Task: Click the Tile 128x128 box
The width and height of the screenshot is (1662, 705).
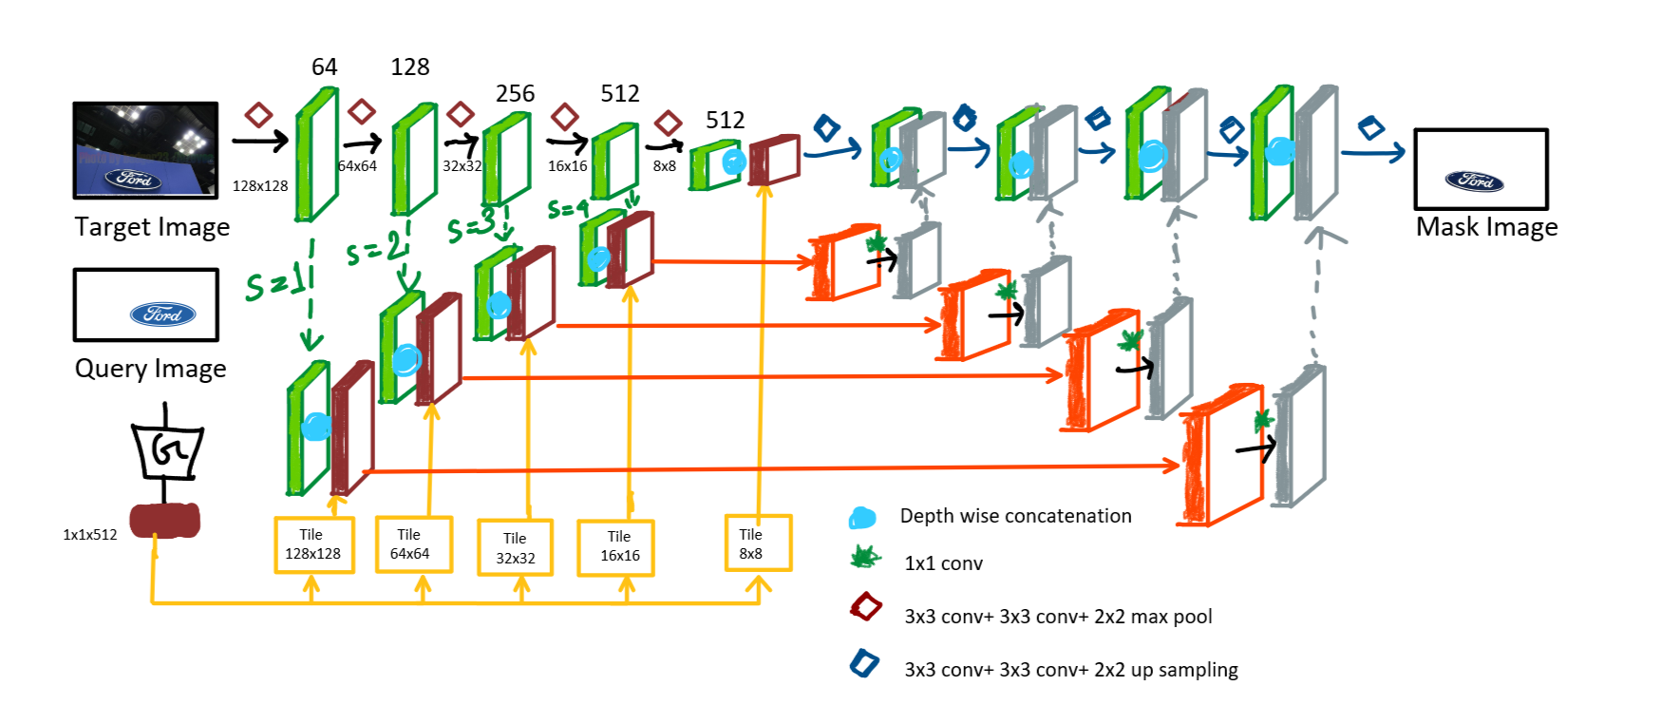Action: click(x=313, y=544)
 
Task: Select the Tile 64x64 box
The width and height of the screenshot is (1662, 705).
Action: click(x=413, y=544)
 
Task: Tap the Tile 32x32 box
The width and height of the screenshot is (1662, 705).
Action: click(x=515, y=548)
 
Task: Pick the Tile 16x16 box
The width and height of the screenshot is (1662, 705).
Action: click(x=616, y=547)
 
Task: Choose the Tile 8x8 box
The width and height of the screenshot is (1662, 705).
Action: click(x=757, y=543)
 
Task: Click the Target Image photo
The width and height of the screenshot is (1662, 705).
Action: click(x=145, y=150)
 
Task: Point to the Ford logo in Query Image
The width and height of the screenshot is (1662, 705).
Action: click(x=162, y=314)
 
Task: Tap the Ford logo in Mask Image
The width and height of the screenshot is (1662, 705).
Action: click(x=1474, y=181)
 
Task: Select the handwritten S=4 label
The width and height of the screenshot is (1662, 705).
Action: click(x=568, y=208)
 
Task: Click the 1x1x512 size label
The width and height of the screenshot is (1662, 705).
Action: click(x=90, y=535)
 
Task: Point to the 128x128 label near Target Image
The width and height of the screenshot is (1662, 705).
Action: click(x=260, y=186)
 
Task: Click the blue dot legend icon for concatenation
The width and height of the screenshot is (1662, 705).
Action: click(x=862, y=518)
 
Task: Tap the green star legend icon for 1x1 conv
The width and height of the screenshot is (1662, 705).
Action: click(x=865, y=558)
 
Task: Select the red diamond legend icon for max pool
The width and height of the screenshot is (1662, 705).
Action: click(x=865, y=607)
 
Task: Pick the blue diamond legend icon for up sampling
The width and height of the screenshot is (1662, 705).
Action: click(x=864, y=662)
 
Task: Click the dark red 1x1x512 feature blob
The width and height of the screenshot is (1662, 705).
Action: click(x=165, y=520)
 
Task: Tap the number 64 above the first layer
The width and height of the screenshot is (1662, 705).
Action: click(x=324, y=67)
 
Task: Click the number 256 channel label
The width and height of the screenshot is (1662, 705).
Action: click(x=515, y=94)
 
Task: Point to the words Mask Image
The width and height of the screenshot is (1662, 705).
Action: click(x=1486, y=228)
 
